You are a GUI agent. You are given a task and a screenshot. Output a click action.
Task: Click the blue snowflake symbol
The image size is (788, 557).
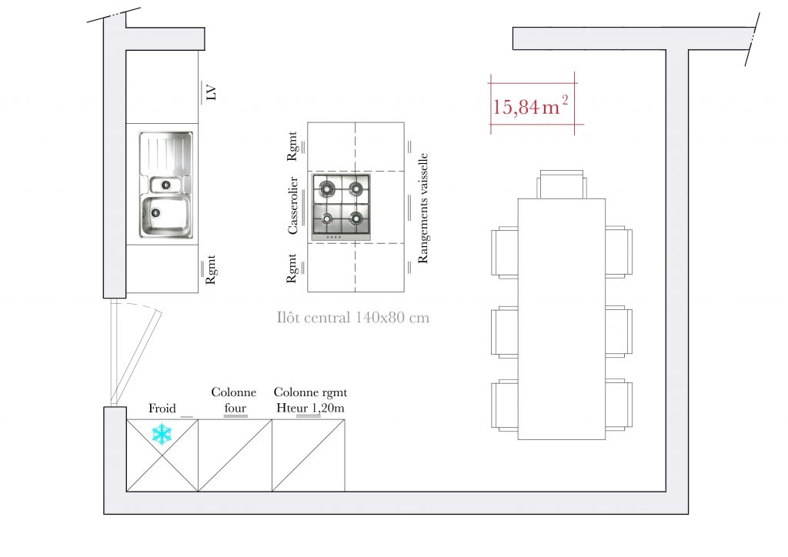[x=162, y=434]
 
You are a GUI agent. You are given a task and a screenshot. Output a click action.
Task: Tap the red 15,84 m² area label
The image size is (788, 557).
[x=530, y=106]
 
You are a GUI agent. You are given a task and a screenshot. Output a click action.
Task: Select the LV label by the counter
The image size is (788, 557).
[x=212, y=93]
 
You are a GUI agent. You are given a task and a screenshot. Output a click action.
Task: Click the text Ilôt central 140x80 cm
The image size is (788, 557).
[x=352, y=318]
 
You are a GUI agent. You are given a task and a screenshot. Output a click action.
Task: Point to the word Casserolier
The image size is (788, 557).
[x=292, y=205]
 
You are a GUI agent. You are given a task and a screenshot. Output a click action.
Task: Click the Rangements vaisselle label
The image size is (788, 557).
[x=423, y=208]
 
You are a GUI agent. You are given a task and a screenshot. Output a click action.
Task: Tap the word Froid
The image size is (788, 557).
[x=162, y=409]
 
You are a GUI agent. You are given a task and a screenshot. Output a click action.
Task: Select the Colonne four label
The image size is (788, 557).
[x=234, y=400]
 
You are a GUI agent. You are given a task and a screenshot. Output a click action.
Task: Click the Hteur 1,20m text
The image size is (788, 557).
[x=311, y=408]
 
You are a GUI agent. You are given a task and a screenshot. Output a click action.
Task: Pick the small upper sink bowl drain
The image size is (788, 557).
[x=166, y=185]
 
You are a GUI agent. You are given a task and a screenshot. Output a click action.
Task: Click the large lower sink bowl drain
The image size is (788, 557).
[x=155, y=212]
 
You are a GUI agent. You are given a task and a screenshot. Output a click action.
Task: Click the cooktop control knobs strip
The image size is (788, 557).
[x=334, y=236]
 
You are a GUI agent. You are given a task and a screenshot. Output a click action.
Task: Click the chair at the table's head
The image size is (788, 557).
[x=561, y=184]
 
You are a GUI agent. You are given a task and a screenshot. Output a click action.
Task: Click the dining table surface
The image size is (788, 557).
[x=561, y=319]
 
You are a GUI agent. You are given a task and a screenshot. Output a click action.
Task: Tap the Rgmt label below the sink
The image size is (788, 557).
[x=211, y=270]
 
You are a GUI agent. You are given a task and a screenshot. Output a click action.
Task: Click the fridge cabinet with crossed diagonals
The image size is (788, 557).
[x=162, y=455]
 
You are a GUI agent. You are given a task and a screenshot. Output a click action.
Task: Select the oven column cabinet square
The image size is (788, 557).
[x=235, y=455]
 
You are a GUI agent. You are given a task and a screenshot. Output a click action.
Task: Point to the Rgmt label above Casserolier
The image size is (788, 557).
[x=292, y=146]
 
